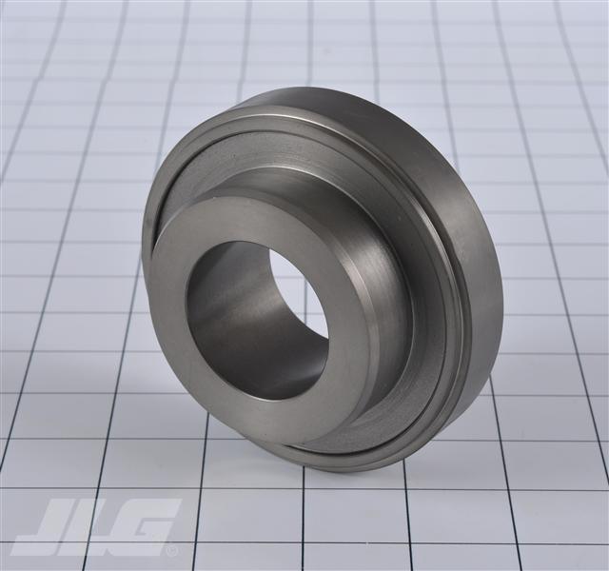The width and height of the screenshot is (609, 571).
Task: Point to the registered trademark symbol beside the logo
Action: pyautogui.click(x=172, y=550)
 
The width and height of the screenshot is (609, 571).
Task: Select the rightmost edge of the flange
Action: pyautogui.click(x=501, y=285)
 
